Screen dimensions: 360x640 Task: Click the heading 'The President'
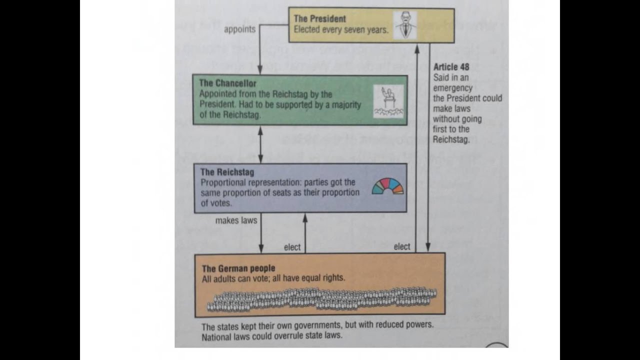pos(319,18)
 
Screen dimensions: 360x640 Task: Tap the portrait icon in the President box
pos(405,25)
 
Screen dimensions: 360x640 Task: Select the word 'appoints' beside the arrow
pos(239,29)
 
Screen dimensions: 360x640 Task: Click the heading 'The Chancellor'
pos(227,83)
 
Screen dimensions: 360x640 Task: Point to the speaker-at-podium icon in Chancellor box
pos(388,101)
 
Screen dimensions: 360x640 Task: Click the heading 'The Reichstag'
pos(227,172)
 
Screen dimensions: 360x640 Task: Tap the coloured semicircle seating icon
pos(387,186)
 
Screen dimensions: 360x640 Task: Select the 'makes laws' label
pos(236,220)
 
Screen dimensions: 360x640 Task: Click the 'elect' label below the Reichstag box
pos(292,247)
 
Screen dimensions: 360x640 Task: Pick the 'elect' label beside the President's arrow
pos(401,246)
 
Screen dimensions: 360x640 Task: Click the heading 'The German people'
pos(238,268)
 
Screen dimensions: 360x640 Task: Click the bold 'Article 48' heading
pos(451,67)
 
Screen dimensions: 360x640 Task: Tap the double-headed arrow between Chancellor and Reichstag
pos(260,144)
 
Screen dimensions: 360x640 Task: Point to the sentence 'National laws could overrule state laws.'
pos(272,336)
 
